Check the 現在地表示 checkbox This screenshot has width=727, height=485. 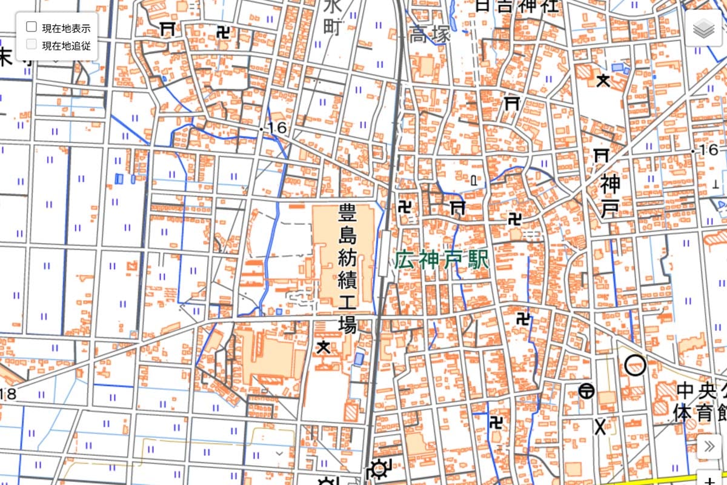tap(32, 27)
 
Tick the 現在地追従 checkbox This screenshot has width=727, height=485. tap(32, 44)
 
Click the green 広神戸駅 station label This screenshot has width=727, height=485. tap(442, 261)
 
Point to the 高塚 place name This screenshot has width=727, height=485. tap(430, 35)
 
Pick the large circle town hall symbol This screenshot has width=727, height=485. tap(635, 365)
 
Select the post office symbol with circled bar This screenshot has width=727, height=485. tap(586, 391)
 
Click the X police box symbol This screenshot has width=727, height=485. tap(600, 427)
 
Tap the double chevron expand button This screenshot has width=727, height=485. tap(709, 447)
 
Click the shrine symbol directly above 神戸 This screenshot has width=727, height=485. tap(602, 155)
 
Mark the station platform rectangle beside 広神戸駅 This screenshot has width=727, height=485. tap(385, 253)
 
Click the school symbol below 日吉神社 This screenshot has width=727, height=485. tap(603, 80)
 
